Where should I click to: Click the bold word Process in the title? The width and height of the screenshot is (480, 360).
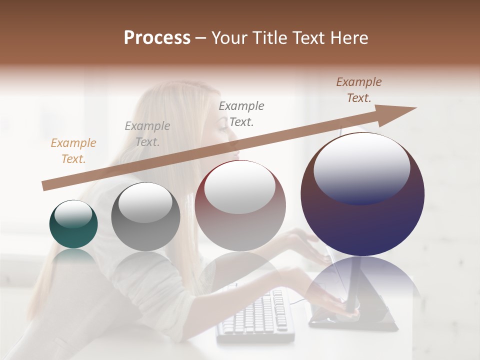(x=157, y=38)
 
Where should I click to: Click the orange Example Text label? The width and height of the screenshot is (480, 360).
(x=73, y=151)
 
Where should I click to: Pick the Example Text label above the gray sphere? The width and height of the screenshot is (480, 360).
(x=147, y=134)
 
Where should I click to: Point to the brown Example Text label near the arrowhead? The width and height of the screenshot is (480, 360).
(x=358, y=90)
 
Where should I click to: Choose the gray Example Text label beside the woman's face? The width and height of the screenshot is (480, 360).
(x=241, y=113)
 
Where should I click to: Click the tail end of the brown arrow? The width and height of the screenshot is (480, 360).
(x=44, y=186)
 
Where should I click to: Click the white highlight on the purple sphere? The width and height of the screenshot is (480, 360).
(x=361, y=167)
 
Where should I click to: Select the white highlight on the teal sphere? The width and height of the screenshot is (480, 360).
(x=73, y=214)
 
